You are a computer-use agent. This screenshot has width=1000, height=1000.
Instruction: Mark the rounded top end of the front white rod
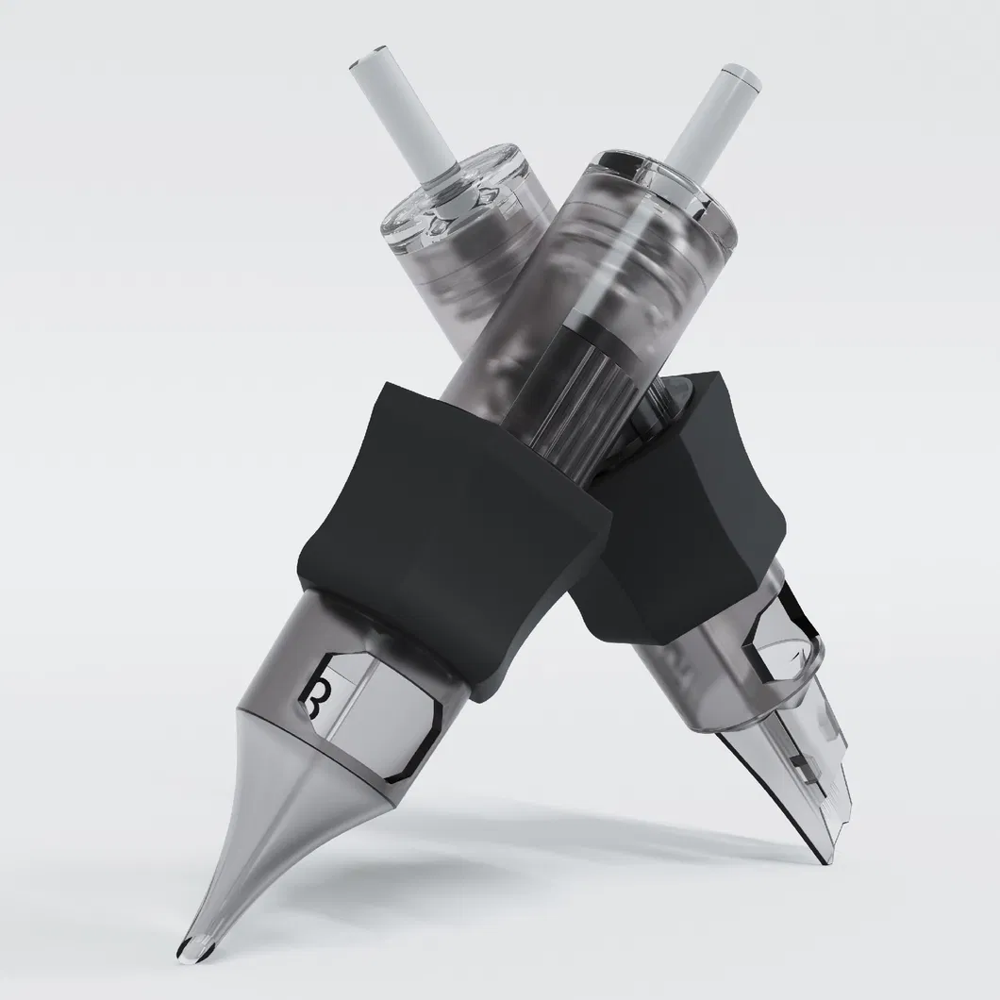click(x=732, y=71)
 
